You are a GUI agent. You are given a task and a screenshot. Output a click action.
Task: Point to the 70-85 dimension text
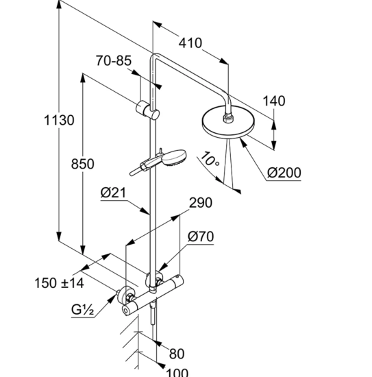tap(114, 61)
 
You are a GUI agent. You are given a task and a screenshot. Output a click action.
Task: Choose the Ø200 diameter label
tap(284, 172)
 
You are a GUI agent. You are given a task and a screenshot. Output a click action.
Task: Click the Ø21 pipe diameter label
tap(114, 194)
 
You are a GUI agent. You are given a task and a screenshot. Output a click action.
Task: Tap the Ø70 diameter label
tap(201, 237)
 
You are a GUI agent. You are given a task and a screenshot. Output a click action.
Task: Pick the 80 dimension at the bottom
tap(177, 354)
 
